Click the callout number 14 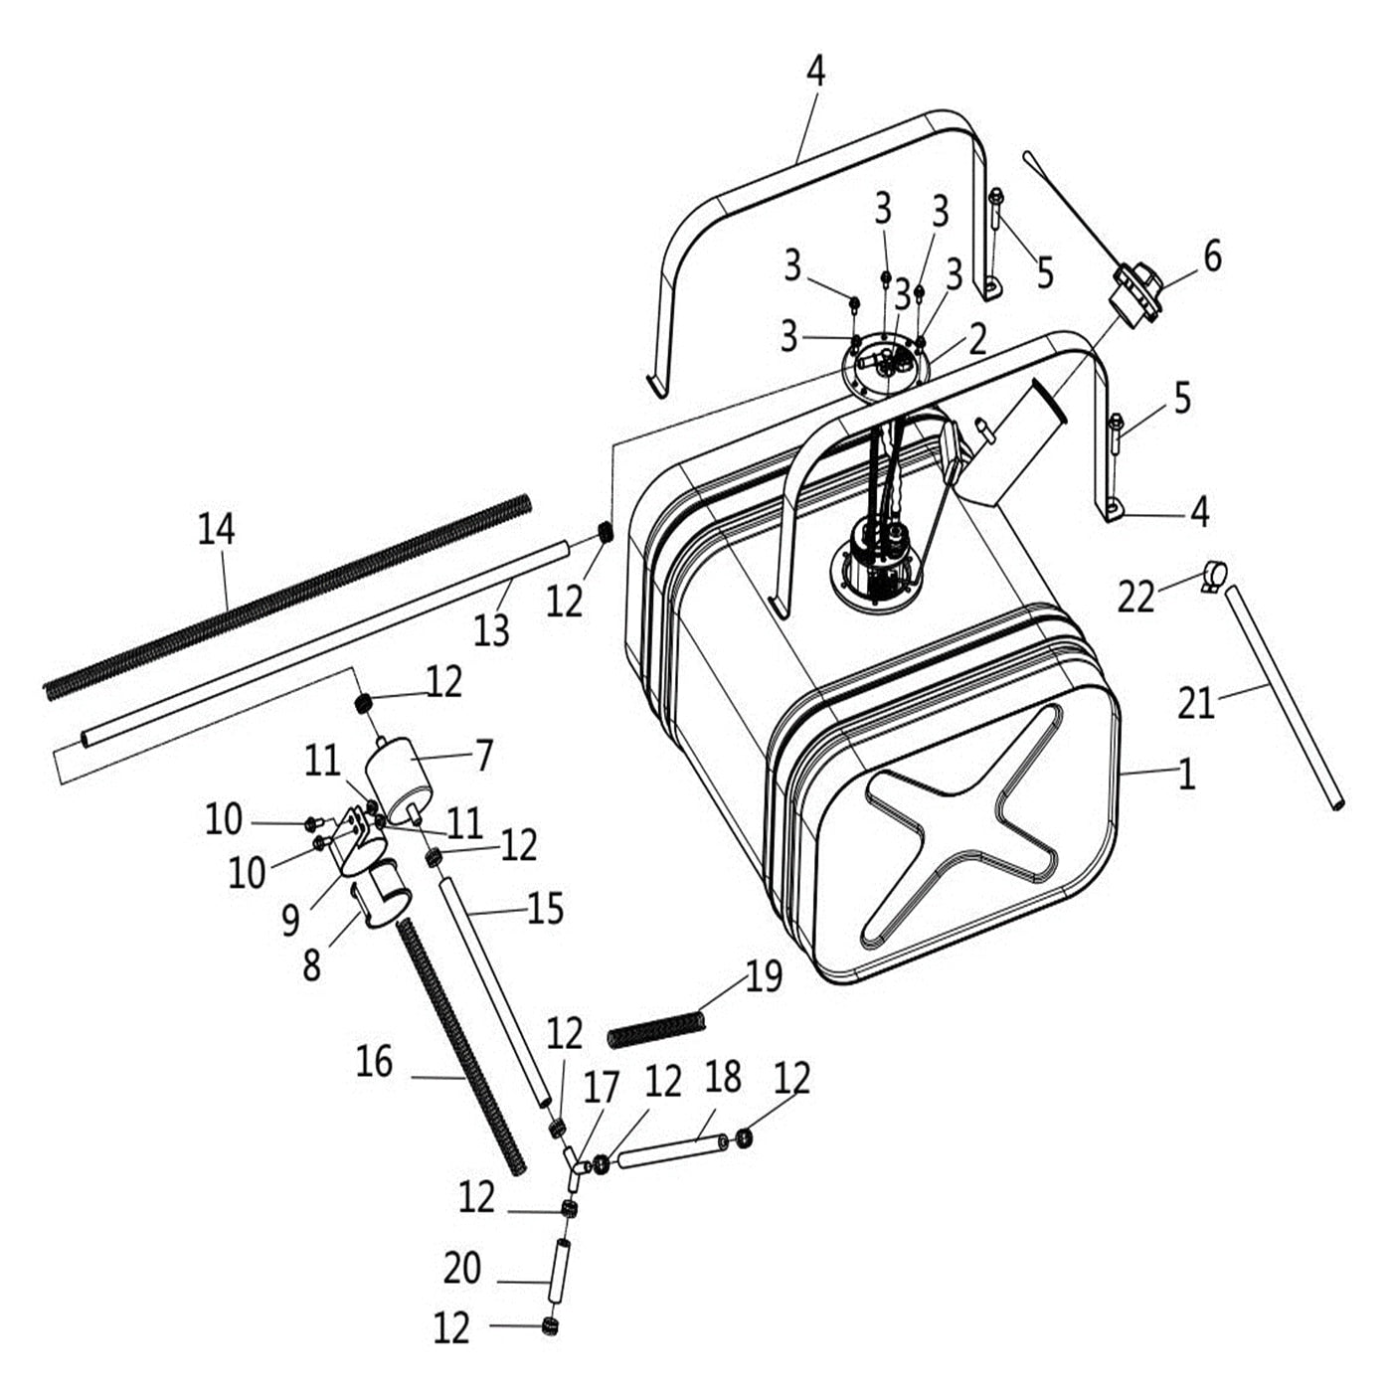point(216,529)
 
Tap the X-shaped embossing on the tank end point(960,824)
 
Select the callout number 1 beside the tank point(1186,775)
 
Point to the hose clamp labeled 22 point(1213,575)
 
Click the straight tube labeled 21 point(1284,696)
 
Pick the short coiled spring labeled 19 point(656,1028)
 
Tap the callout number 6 point(1212,257)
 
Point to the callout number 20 point(462,1269)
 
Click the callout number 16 point(374,1062)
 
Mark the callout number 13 point(491,629)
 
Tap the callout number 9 point(290,921)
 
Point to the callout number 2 point(977,339)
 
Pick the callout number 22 point(1135,598)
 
